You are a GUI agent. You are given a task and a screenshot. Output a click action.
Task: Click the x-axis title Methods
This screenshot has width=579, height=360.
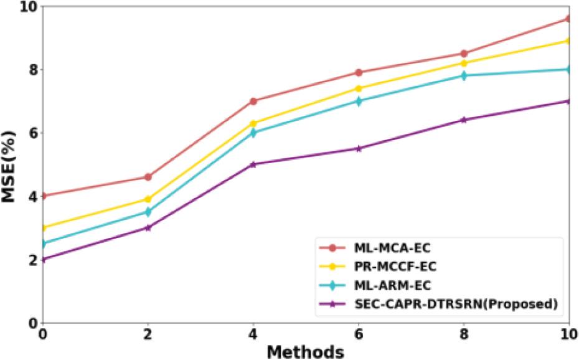305,351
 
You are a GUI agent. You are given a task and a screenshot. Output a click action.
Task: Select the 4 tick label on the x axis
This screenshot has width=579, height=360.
253,334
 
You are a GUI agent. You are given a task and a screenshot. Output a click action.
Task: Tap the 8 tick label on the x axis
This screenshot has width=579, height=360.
464,334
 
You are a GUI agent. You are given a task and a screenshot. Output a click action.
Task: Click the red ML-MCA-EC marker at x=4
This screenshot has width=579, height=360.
253,101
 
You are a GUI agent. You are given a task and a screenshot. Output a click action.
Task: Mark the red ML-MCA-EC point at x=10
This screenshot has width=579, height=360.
569,19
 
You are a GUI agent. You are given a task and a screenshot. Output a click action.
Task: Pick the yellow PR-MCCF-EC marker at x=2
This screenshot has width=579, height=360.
148,199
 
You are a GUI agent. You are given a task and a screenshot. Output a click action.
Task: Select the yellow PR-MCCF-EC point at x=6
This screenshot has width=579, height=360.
359,88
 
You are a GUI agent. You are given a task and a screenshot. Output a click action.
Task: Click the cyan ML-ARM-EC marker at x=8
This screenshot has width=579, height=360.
464,76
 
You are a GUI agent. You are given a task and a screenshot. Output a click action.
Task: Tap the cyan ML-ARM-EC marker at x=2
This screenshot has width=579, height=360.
148,212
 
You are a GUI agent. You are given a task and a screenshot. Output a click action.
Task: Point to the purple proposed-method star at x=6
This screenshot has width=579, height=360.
359,148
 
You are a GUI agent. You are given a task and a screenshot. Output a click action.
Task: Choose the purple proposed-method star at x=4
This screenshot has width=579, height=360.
253,164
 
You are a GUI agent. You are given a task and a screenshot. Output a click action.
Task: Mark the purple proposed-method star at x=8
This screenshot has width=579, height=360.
464,120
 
